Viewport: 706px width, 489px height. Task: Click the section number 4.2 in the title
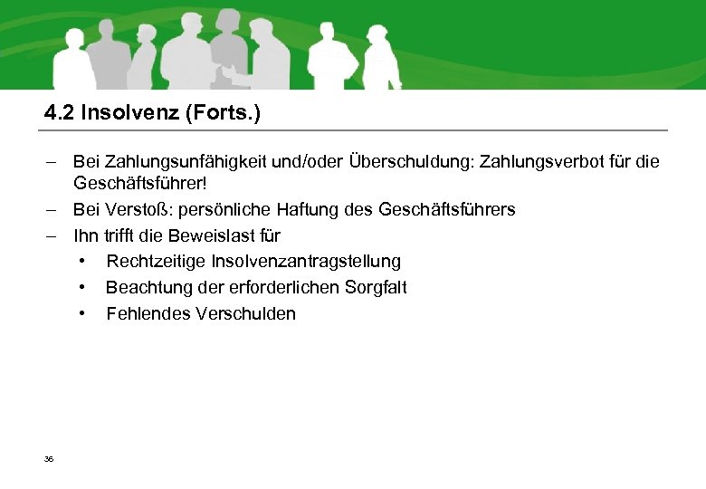pyautogui.click(x=60, y=113)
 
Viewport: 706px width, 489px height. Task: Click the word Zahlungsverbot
pyautogui.click(x=552, y=162)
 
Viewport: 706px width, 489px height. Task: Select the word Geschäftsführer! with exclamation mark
pyautogui.click(x=140, y=184)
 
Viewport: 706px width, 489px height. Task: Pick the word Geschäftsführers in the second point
pyautogui.click(x=446, y=210)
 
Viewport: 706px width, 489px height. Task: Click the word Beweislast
pyautogui.click(x=211, y=236)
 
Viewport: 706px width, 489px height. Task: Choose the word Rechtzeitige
pyautogui.click(x=155, y=262)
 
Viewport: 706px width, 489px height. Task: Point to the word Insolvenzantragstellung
pyautogui.click(x=306, y=262)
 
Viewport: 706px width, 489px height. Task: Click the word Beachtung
pyautogui.click(x=147, y=288)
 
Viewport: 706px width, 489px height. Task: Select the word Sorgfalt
pyautogui.click(x=376, y=288)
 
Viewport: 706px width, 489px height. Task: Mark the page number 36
pyautogui.click(x=49, y=460)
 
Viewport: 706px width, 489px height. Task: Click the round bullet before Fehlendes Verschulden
pyautogui.click(x=82, y=314)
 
